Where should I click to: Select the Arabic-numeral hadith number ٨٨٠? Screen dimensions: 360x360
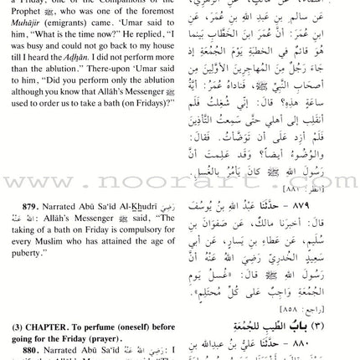tap(333, 342)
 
